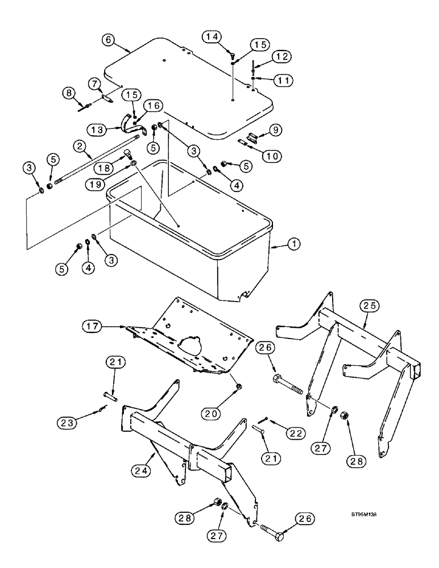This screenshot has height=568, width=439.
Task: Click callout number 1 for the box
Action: click(294, 244)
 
